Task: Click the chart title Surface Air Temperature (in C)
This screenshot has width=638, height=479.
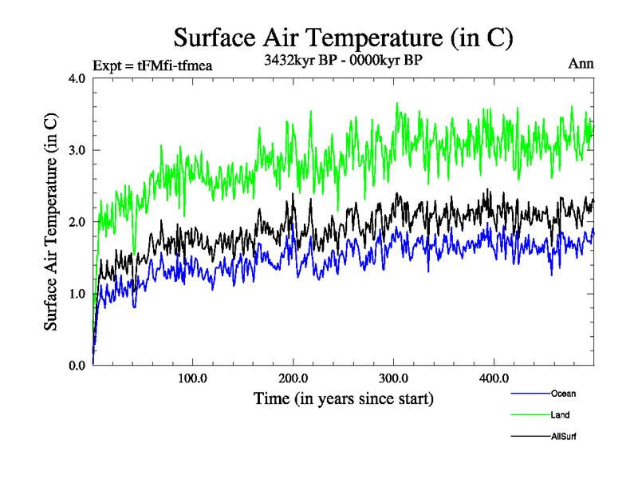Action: (x=343, y=38)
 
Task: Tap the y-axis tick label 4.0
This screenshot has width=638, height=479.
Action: (x=78, y=79)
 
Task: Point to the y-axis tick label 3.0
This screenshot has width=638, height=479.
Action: (x=78, y=150)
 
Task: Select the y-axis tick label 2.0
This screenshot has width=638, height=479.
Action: (x=78, y=222)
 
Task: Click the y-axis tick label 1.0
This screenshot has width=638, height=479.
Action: (x=78, y=294)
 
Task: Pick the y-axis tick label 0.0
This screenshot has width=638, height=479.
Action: (x=78, y=366)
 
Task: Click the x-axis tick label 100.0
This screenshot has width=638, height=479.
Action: (x=192, y=378)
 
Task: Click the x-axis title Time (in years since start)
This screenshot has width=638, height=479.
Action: (x=343, y=398)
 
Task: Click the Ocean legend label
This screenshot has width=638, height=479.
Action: (x=562, y=394)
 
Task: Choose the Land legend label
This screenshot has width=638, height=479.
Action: (x=560, y=415)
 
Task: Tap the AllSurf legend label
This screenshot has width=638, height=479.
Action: (x=563, y=437)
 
